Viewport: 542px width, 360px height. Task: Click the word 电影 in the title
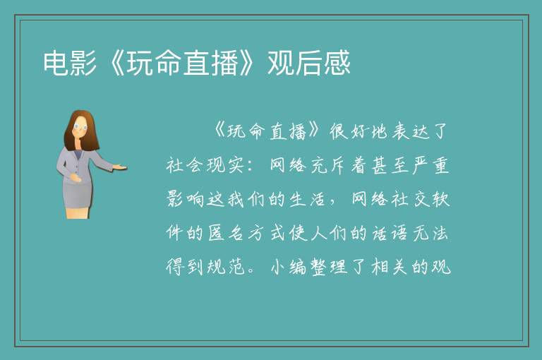[x=69, y=63]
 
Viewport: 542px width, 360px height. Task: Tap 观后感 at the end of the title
[x=309, y=63]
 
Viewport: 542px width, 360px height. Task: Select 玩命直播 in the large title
[x=182, y=63]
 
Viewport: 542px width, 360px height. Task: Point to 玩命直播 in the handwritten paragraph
[x=267, y=131]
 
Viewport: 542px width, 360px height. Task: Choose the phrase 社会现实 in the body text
[x=205, y=165]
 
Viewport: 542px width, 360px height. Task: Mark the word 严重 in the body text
[x=430, y=165]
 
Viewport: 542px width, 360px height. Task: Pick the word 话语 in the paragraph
[x=390, y=233]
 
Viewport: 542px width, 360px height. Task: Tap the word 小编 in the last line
[x=288, y=267]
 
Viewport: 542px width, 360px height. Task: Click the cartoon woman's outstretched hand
[x=120, y=167]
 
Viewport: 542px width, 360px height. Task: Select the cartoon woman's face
[x=80, y=128]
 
